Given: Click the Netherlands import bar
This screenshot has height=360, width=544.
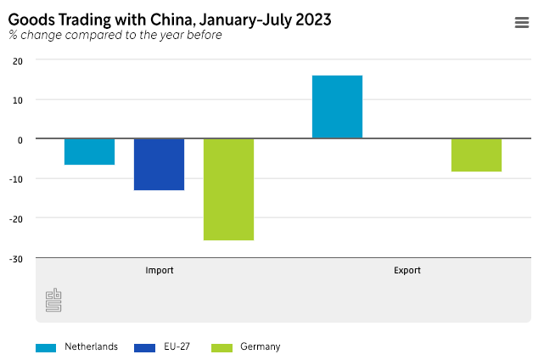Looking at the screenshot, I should [x=89, y=152].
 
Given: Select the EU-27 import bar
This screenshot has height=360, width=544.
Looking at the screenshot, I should [x=159, y=165].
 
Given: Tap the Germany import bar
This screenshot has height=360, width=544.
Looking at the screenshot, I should [x=228, y=189].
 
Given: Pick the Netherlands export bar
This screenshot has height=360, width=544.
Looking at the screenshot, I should [x=337, y=107].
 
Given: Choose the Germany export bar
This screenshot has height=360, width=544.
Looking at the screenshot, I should [x=476, y=155].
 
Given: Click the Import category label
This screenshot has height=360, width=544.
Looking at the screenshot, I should [x=160, y=271].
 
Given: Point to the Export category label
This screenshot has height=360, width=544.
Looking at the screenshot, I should [x=407, y=271].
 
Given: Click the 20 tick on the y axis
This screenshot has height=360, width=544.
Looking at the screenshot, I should [x=18, y=61].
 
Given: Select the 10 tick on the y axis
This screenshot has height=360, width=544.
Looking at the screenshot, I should [x=18, y=100].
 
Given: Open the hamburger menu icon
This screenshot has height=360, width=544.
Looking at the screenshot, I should [x=522, y=23].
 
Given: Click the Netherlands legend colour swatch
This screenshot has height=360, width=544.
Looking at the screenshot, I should [x=46, y=347].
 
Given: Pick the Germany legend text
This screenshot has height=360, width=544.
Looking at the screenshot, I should [x=260, y=346].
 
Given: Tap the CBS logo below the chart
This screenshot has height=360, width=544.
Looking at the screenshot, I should [x=53, y=300].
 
